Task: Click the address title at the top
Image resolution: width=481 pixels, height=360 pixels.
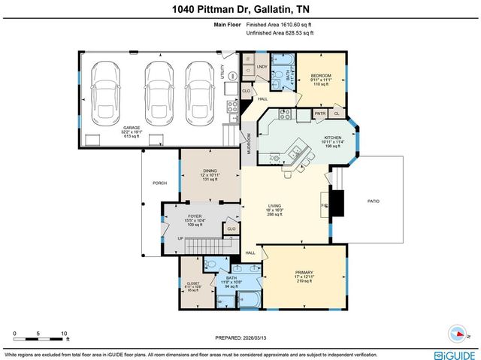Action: [x=240, y=8]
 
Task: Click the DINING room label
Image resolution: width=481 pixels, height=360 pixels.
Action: [x=199, y=171]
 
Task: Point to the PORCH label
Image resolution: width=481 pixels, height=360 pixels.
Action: [x=159, y=183]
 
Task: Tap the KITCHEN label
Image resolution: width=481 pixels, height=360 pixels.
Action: [x=333, y=138]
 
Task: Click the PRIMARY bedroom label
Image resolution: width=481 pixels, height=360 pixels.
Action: [x=304, y=272]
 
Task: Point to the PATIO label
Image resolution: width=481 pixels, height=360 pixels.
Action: [x=374, y=201]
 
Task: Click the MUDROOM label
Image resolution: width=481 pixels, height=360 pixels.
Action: [x=250, y=144]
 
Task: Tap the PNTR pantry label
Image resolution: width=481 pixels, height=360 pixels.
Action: [x=319, y=113]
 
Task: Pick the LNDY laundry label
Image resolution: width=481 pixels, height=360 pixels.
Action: [x=262, y=67]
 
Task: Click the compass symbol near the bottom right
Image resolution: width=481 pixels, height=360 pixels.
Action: [x=458, y=332]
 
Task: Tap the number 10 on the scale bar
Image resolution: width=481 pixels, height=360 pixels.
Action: [x=64, y=333]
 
